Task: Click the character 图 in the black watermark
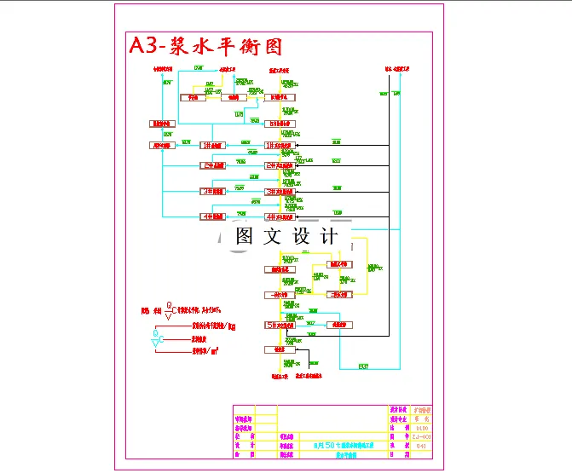click(245, 236)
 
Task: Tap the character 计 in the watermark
click(330, 236)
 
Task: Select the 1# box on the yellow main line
click(280, 146)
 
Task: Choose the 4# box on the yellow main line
click(280, 216)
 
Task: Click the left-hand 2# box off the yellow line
click(212, 165)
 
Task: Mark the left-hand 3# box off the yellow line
click(212, 191)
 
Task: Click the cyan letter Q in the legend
click(155, 332)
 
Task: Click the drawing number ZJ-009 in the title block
click(422, 436)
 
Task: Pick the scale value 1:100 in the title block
click(422, 428)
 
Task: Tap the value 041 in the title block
click(422, 446)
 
